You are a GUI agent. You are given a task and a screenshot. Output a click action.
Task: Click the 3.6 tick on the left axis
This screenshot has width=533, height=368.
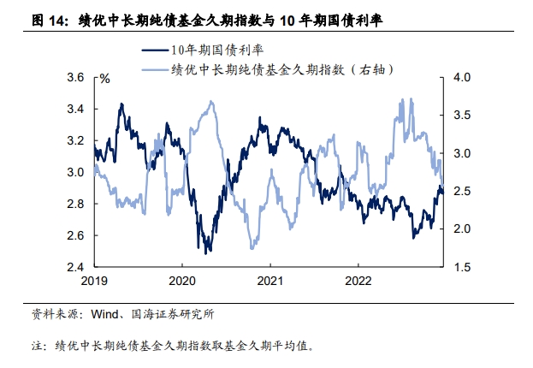(75, 78)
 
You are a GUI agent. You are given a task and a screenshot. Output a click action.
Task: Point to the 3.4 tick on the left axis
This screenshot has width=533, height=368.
(75, 110)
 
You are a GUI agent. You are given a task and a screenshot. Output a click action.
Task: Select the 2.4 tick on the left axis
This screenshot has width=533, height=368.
(75, 267)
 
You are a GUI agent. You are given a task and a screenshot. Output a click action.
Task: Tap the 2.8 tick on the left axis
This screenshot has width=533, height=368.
(75, 204)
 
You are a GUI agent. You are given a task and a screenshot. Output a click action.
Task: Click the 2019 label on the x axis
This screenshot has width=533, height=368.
(94, 281)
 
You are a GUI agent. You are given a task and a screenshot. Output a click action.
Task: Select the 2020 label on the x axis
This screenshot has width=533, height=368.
(182, 281)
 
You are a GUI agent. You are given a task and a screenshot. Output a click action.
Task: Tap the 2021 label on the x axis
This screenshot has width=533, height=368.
(270, 281)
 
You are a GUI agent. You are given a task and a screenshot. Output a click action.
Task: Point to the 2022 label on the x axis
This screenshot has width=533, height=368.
(358, 281)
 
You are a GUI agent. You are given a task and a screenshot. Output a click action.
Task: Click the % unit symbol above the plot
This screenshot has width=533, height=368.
(104, 79)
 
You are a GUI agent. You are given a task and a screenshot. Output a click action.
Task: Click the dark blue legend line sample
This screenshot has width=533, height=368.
(154, 50)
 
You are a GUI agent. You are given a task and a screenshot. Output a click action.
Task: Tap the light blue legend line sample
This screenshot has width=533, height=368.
(154, 68)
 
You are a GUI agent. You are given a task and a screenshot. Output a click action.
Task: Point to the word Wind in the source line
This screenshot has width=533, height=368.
(106, 315)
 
